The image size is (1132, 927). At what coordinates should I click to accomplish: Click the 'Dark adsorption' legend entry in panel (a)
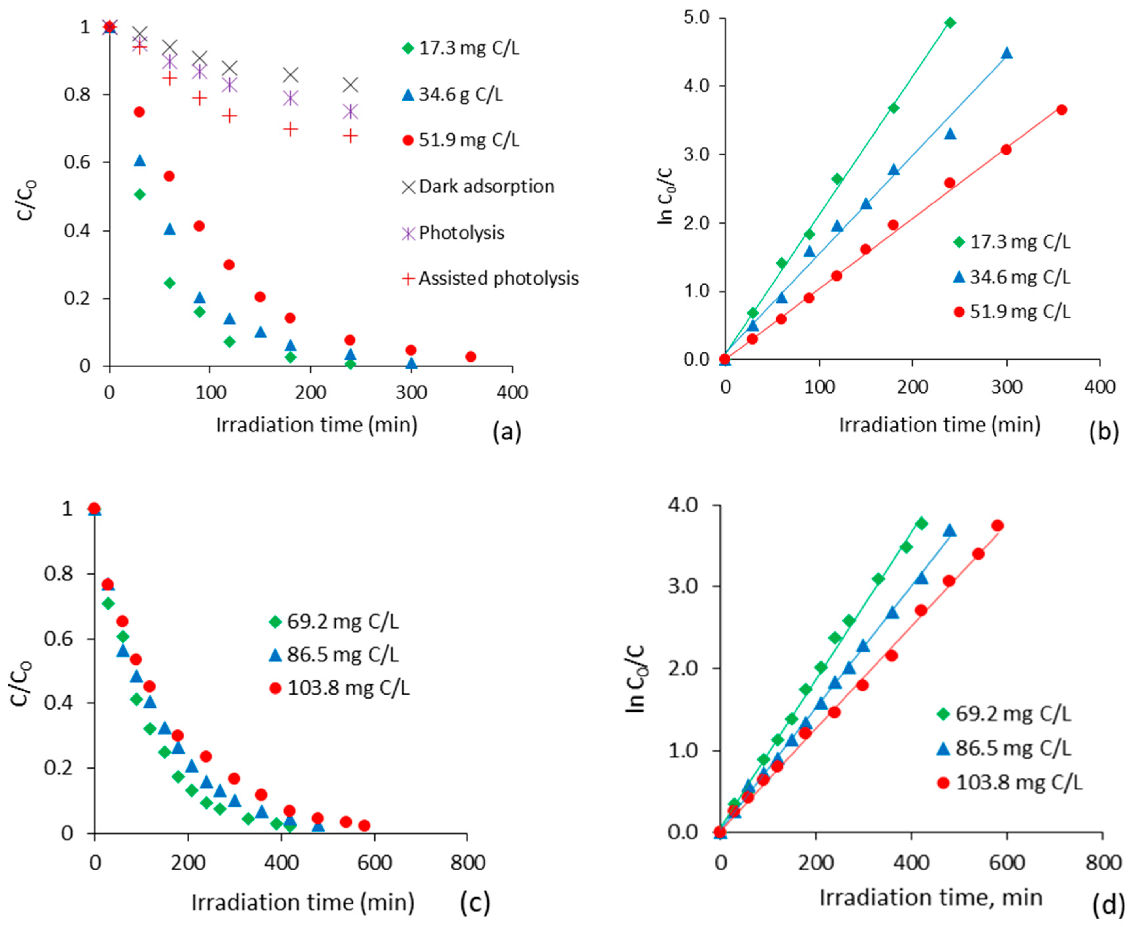[478, 187]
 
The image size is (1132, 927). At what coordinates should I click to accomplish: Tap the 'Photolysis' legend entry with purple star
[453, 233]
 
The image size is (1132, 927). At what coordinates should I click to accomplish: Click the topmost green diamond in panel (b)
[950, 23]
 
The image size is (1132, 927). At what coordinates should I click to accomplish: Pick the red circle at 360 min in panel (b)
[1061, 109]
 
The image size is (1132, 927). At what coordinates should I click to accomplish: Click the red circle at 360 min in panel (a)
[470, 357]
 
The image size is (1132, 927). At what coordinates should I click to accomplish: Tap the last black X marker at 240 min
[350, 85]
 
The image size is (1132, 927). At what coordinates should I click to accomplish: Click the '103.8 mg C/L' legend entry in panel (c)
[340, 688]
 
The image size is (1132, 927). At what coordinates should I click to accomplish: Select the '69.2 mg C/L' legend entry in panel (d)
[1004, 714]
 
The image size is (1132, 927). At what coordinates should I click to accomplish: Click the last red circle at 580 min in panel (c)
[365, 825]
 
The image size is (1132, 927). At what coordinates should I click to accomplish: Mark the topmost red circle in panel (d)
[997, 526]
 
